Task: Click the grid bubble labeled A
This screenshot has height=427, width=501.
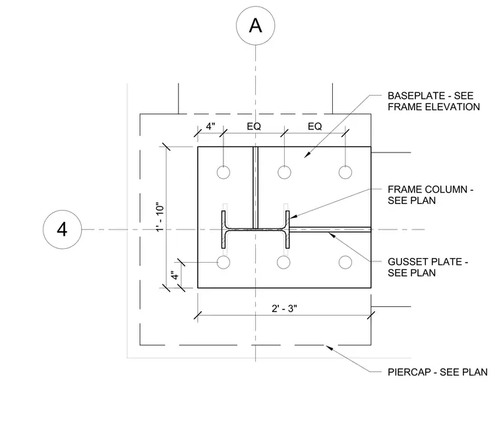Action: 255,26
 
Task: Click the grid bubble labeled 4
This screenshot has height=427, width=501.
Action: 63,229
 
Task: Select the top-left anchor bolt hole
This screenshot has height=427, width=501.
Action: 223,172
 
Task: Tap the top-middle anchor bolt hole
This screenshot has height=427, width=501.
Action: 284,172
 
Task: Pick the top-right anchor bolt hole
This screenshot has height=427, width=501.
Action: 345,172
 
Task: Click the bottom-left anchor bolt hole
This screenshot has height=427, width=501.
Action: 223,262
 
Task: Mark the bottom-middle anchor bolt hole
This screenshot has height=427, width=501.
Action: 283,262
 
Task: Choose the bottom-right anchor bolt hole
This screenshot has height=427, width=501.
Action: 345,262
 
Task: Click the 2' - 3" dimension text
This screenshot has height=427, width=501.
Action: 284,309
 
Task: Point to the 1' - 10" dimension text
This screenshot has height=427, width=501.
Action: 160,216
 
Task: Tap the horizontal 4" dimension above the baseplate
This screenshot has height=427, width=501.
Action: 210,126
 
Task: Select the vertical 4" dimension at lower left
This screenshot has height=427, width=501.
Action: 175,275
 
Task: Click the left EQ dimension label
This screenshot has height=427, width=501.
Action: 254,126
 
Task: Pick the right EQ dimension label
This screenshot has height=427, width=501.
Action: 314,126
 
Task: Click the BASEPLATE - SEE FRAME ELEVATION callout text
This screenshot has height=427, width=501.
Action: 434,101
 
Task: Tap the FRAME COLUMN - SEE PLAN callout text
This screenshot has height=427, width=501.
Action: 430,195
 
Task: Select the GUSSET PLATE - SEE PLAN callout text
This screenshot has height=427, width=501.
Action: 428,267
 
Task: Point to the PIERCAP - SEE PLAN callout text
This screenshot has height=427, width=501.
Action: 438,372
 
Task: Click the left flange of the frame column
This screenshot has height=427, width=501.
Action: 223,229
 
